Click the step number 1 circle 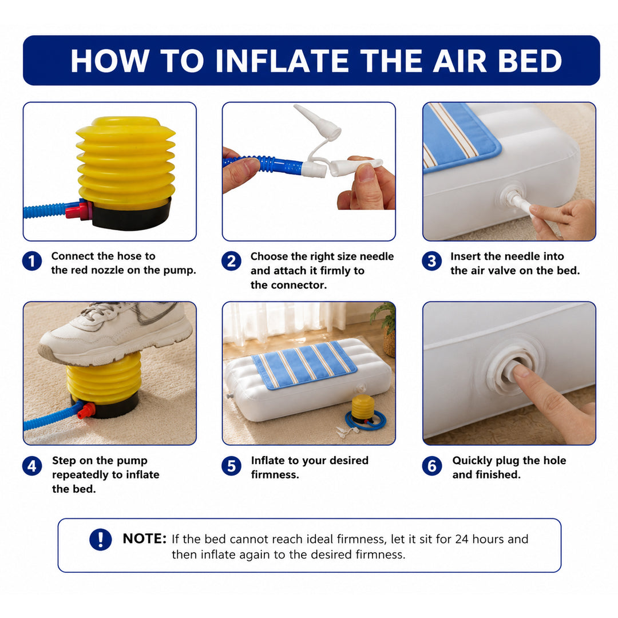[32, 261]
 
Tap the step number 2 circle [231, 261]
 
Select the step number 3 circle [431, 261]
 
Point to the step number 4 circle [32, 466]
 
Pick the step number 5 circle [231, 466]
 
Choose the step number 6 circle [431, 466]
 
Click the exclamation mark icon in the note [101, 539]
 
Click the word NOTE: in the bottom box [145, 538]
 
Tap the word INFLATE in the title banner [282, 61]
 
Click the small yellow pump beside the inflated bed [363, 409]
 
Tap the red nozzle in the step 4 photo [86, 411]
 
